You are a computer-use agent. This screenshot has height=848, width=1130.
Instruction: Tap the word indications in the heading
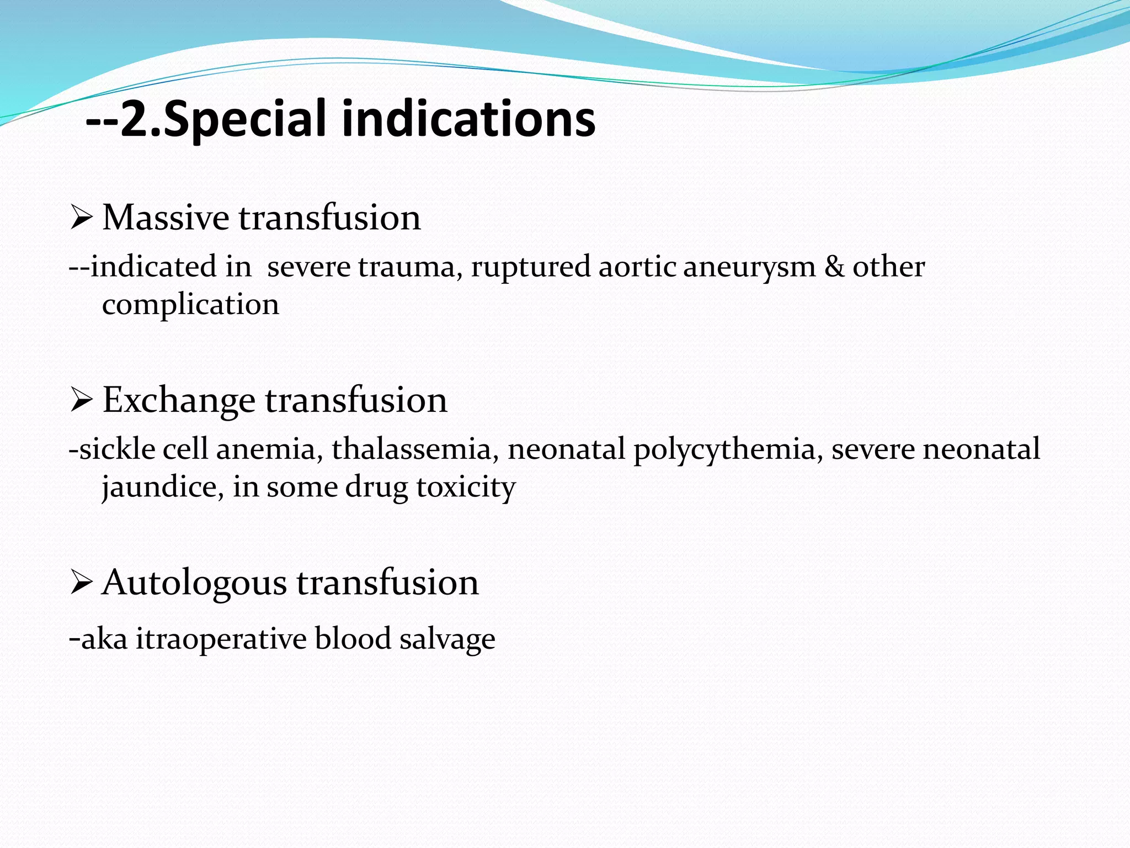tap(468, 118)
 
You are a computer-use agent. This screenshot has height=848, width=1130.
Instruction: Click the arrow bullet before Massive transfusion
tap(81, 219)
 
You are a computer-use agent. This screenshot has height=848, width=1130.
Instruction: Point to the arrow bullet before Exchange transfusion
tap(81, 401)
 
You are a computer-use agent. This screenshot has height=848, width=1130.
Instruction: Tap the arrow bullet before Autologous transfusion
tap(81, 584)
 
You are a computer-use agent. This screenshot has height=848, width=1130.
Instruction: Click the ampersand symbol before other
tap(834, 267)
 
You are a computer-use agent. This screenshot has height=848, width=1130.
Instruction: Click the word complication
tap(190, 305)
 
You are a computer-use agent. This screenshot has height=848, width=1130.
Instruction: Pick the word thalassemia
tap(411, 449)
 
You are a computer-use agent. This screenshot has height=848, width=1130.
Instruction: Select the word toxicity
tap(466, 487)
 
